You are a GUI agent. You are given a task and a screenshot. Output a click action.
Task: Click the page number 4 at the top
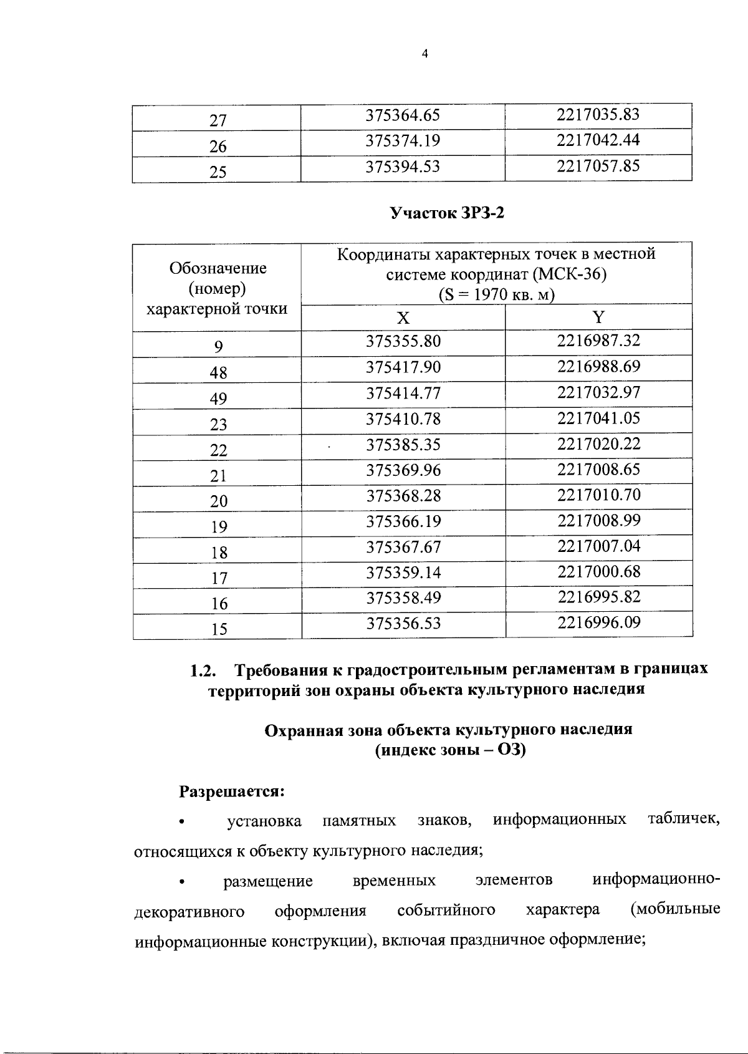425,54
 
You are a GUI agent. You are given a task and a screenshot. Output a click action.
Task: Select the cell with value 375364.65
403,115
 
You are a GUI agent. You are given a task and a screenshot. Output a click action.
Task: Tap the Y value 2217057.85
598,167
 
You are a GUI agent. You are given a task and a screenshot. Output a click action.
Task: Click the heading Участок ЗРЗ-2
446,214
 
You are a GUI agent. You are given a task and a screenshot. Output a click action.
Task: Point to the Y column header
598,318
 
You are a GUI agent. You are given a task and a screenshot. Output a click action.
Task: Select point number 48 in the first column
218,373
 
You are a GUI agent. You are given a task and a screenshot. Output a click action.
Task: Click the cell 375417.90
403,367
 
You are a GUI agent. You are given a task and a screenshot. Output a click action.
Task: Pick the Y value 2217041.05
599,418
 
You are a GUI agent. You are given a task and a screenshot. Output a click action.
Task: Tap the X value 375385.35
403,445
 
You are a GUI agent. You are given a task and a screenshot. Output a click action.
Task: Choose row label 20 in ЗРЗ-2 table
218,501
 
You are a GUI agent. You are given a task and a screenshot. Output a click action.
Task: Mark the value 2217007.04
599,546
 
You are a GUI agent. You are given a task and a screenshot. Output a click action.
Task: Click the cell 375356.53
403,623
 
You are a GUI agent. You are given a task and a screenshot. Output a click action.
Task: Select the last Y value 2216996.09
599,622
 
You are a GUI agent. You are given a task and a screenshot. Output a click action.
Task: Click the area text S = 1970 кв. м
497,294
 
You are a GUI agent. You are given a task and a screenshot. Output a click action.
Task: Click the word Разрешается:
232,791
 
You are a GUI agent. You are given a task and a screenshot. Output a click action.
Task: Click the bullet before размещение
182,882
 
